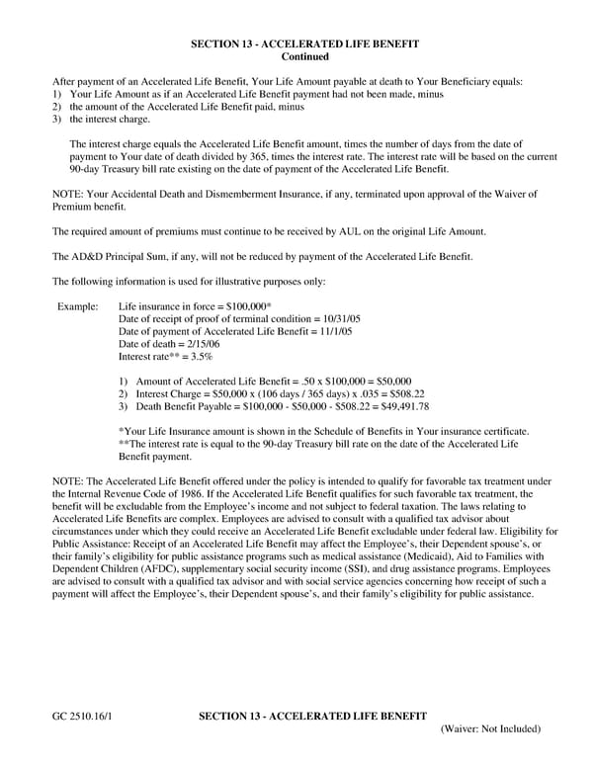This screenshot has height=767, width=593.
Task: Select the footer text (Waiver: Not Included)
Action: tap(490, 728)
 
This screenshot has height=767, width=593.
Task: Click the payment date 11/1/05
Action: tap(331, 332)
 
